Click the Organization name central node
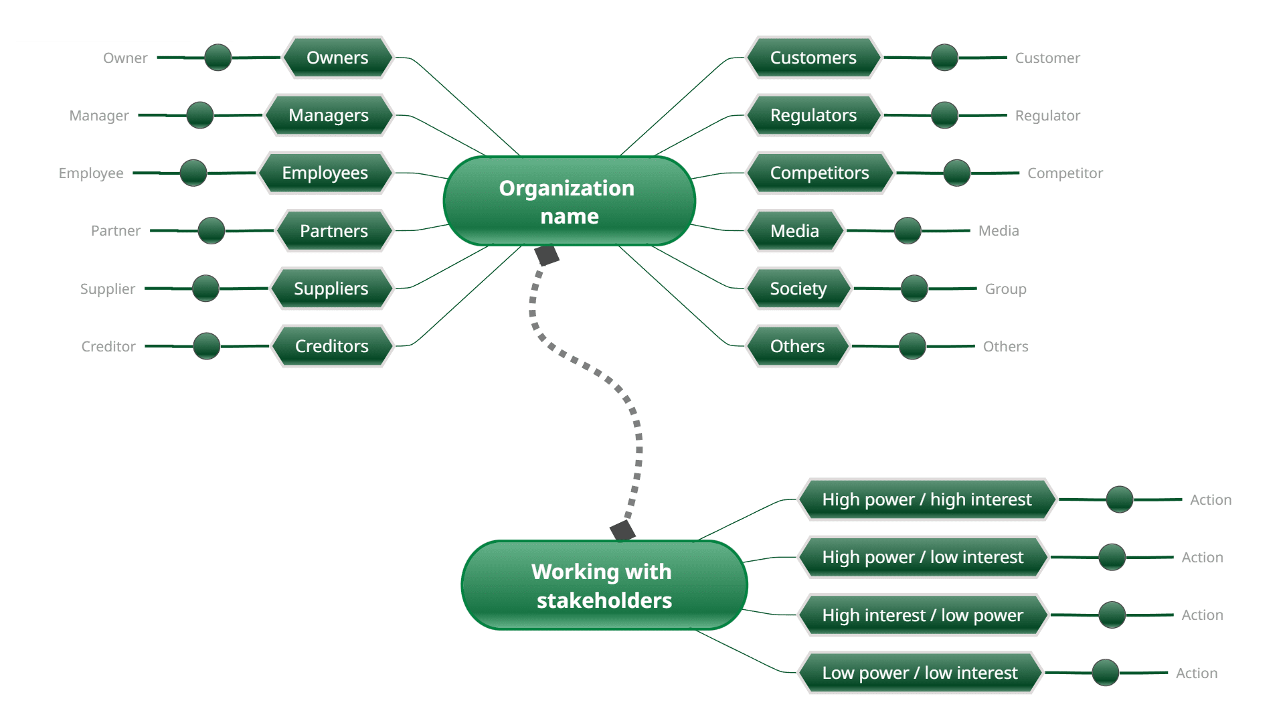(569, 201)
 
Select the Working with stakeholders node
(604, 585)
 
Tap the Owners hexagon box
(337, 58)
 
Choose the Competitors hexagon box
(819, 173)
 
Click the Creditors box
(332, 346)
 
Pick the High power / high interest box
(927, 499)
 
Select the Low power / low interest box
(920, 673)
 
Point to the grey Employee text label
(91, 173)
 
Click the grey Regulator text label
(1047, 116)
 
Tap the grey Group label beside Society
(1005, 289)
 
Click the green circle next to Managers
(200, 115)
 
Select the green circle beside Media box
(908, 230)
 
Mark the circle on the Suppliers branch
(205, 289)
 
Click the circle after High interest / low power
(1112, 615)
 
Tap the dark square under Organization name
(546, 255)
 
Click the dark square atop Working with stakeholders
(622, 531)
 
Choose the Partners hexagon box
(333, 231)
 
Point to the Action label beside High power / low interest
(1202, 558)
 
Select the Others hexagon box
(797, 346)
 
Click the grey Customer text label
(1047, 58)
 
